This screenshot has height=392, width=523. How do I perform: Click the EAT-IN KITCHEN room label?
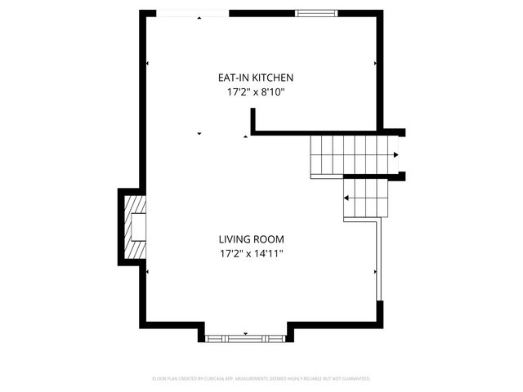(255, 78)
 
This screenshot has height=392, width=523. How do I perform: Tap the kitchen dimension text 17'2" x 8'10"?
(255, 92)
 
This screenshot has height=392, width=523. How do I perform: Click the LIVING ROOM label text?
(251, 239)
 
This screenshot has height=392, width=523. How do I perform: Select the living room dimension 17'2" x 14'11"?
(251, 254)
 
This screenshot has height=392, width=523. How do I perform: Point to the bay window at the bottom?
(244, 337)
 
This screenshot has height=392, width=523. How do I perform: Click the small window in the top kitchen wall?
(315, 13)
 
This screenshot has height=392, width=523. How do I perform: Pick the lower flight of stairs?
(363, 198)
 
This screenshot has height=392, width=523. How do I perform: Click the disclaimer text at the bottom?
(261, 379)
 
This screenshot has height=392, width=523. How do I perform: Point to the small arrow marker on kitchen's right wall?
(375, 64)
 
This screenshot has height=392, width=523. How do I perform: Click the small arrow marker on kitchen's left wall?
(147, 64)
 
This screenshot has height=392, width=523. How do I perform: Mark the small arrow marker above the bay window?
(246, 333)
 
